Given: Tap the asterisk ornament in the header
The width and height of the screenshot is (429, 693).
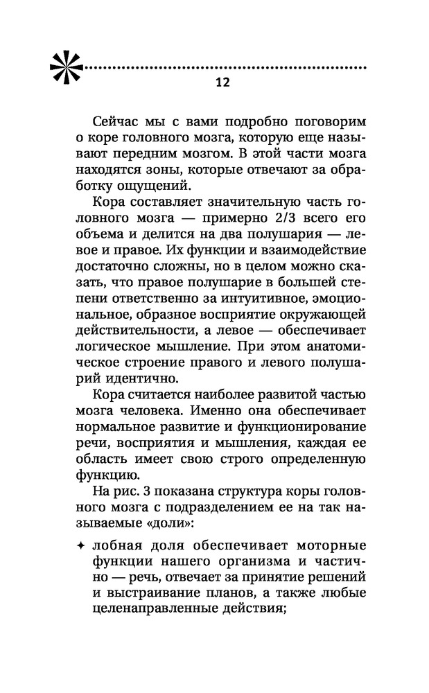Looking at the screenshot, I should pyautogui.click(x=67, y=67).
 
